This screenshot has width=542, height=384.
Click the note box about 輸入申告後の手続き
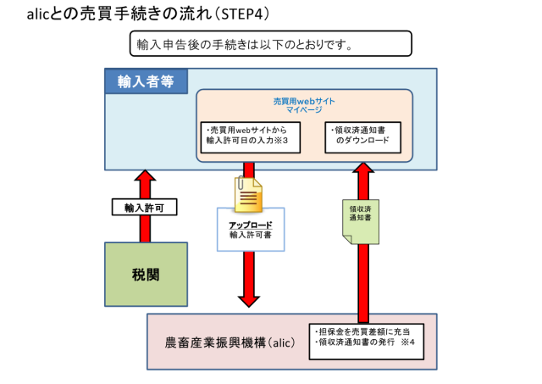pos(269,43)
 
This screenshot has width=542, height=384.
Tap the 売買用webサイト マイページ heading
pos(303,105)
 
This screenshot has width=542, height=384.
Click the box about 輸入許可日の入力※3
pos(247,135)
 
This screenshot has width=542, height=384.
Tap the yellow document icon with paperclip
pos(248,195)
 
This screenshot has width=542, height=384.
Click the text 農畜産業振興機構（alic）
pos(230,343)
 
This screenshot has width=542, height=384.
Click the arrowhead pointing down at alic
pos(248,298)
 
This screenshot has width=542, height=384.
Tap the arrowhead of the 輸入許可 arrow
pos(146,176)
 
